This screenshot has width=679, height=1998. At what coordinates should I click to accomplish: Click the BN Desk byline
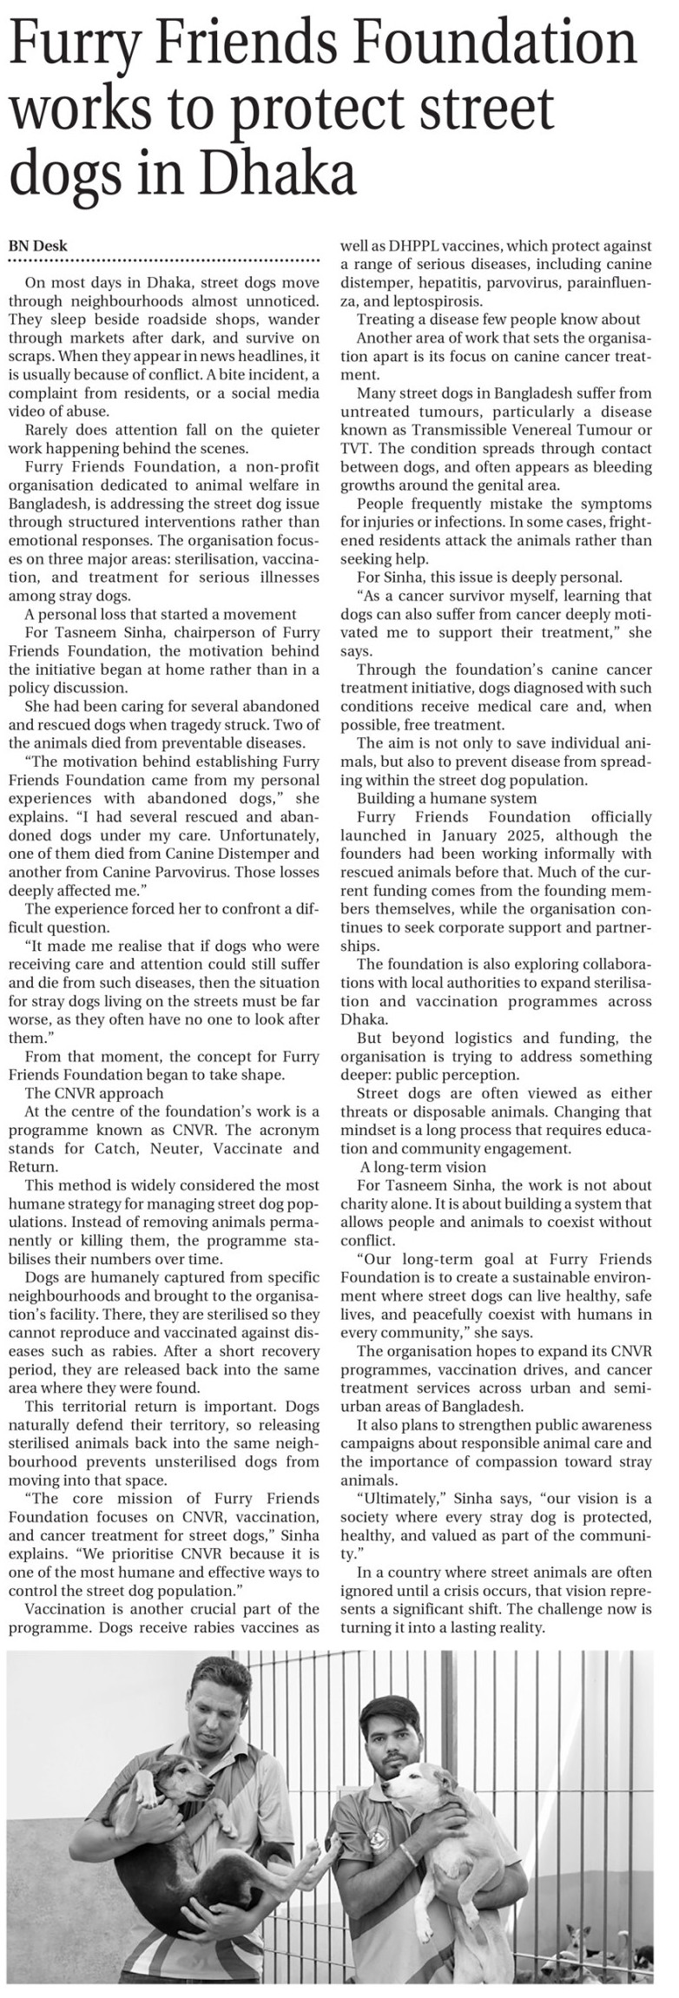click(x=38, y=246)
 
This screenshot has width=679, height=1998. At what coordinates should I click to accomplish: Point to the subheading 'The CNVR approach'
click(x=94, y=1093)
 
